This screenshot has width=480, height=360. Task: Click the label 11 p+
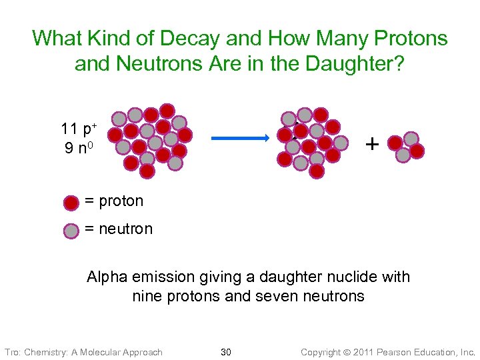[x=78, y=129]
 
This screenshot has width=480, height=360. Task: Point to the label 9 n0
[x=78, y=147]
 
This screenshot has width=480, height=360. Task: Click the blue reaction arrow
[x=240, y=138]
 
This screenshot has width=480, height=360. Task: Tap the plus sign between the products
[x=372, y=143]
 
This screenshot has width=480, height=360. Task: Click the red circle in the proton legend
[x=71, y=202]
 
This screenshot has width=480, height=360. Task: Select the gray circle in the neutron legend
[x=71, y=230]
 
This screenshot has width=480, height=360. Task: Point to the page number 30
[x=225, y=352]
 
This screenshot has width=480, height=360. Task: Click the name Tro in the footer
[x=12, y=352]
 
